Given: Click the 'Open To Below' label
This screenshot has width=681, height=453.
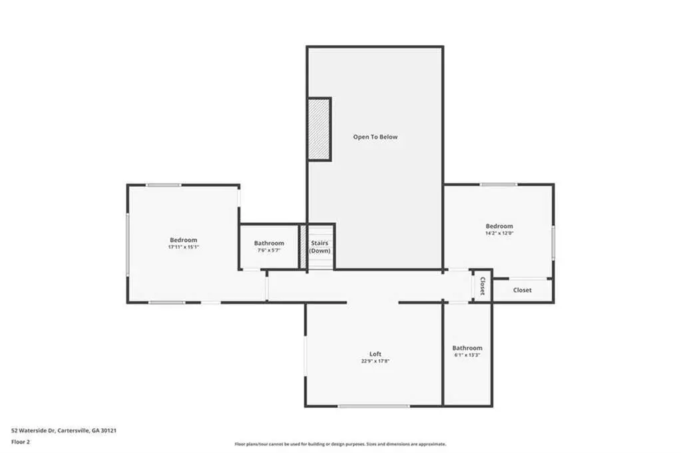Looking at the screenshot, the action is tap(375, 137).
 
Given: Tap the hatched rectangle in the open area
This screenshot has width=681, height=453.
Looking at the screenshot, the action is tap(320, 130).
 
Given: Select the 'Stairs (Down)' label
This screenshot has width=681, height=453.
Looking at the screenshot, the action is tap(320, 247).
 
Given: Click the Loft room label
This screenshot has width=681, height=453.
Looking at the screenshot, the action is tap(375, 354).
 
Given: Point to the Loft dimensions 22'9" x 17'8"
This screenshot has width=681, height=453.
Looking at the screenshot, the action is tap(375, 361).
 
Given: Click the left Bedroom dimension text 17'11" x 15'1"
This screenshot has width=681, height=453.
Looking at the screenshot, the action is tap(183, 247).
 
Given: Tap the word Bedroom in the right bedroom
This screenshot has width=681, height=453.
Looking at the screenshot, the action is tap(499, 226).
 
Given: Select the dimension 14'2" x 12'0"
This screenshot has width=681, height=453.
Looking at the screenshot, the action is tap(499, 233).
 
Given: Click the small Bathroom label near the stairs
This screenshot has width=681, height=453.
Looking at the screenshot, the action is tap(269, 243).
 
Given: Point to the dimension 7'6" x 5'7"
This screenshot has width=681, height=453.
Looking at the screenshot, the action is tap(269, 250).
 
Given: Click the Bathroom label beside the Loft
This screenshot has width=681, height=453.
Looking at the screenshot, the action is tap(467, 348).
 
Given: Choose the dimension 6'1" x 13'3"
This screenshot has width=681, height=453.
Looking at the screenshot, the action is tap(467, 355).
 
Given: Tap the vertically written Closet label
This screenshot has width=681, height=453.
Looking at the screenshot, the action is tap(482, 286).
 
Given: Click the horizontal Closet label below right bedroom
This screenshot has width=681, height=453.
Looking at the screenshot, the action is tap(522, 290).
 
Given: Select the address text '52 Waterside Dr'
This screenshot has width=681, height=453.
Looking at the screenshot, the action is tap(33, 431).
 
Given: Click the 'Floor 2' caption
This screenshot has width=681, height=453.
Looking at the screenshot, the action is tap(21, 442).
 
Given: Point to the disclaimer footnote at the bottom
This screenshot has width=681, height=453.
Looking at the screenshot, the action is tap(340, 444).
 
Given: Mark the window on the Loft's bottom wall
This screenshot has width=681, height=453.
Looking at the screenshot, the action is tap(374, 406).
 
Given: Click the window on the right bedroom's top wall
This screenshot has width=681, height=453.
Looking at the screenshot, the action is tap(498, 185).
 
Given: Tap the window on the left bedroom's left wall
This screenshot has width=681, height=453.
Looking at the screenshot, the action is tap(128, 244).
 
